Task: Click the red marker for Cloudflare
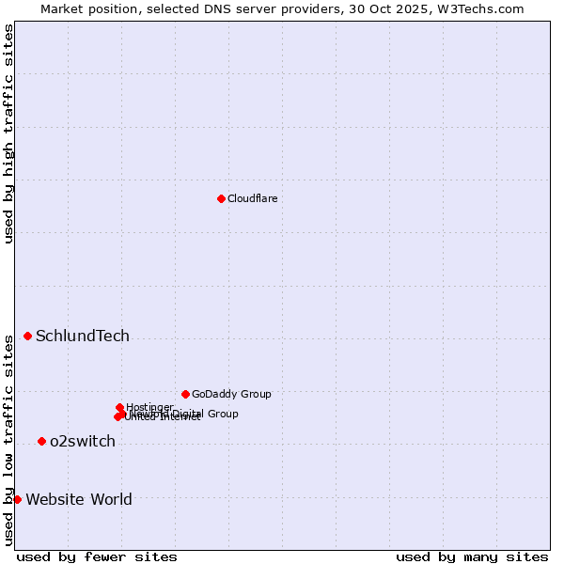[221, 198]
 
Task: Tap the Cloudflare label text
[252, 198]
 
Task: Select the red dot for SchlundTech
[27, 336]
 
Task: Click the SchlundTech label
[83, 337]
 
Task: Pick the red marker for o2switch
[41, 441]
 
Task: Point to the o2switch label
[83, 442]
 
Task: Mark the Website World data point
[17, 499]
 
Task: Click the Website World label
[79, 500]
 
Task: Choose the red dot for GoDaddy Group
[185, 394]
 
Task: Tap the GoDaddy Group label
[231, 395]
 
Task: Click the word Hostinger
[149, 407]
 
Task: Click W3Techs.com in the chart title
[484, 9]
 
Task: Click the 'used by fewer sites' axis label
[96, 556]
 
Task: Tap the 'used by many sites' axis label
[472, 556]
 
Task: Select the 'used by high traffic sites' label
[8, 133]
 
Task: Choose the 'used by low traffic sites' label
[8, 439]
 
